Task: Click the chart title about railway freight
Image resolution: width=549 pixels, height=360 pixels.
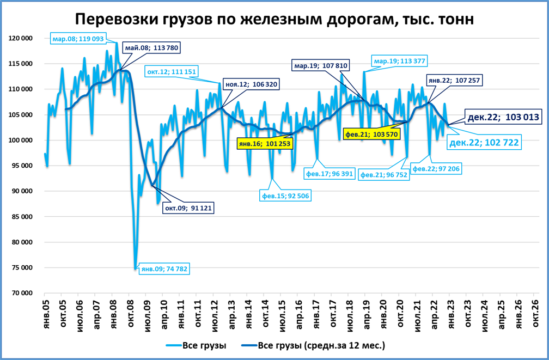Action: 274,19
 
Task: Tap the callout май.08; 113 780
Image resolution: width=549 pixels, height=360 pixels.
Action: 151,47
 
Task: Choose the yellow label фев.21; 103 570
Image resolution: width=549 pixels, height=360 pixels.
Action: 373,133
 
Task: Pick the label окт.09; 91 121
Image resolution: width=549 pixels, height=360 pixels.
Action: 187,208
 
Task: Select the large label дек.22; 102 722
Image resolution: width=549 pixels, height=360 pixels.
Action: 483,143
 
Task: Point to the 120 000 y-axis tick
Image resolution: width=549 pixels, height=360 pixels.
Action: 21,38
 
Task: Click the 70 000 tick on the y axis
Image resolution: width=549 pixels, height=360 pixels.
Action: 23,293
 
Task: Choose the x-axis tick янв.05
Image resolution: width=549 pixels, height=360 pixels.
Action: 46,312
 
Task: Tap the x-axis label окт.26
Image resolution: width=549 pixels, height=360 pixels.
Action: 535,312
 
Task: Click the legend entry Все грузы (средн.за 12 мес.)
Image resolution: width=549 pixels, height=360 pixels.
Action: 321,345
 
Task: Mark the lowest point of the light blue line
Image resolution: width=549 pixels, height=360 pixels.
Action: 135,269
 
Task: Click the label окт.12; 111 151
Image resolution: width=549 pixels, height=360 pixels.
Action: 171,71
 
